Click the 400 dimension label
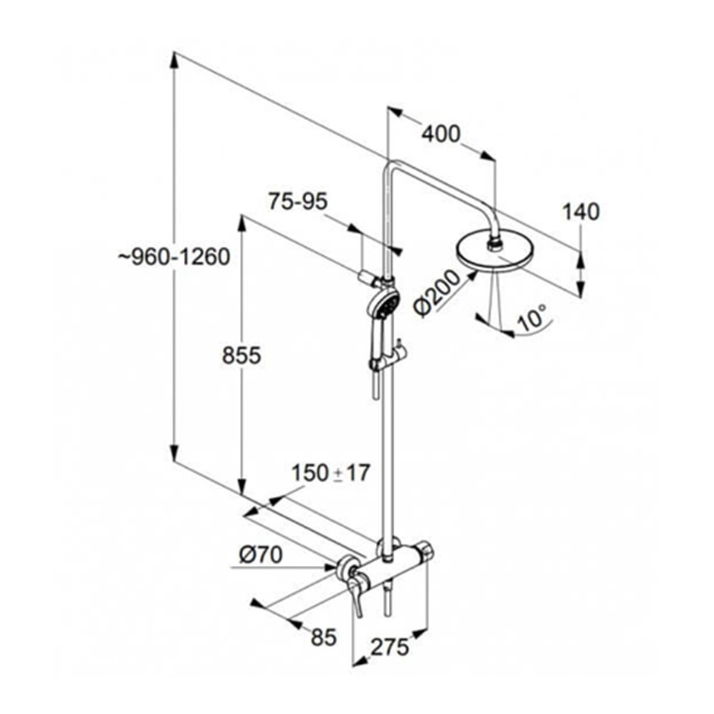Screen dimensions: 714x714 pyautogui.click(x=441, y=134)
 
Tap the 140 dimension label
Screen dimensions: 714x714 pyautogui.click(x=581, y=212)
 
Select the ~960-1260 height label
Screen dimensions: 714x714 pyautogui.click(x=174, y=257)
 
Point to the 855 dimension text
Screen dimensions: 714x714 pyautogui.click(x=242, y=355)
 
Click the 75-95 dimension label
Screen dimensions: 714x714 pyautogui.click(x=298, y=201)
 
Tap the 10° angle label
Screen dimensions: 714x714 pyautogui.click(x=532, y=318)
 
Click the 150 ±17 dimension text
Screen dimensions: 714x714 pyautogui.click(x=330, y=473)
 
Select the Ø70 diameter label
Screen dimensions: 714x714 pyautogui.click(x=261, y=554)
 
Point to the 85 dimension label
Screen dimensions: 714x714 pyautogui.click(x=324, y=637)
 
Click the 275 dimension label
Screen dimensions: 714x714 pyautogui.click(x=390, y=647)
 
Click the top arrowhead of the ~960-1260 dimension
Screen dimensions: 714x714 pyautogui.click(x=173, y=62)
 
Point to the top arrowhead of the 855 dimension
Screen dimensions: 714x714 pyautogui.click(x=242, y=224)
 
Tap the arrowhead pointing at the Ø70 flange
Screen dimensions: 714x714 pyautogui.click(x=329, y=567)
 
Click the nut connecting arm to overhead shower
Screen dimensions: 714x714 pyautogui.click(x=494, y=245)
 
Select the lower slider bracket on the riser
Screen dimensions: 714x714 pyautogui.click(x=387, y=361)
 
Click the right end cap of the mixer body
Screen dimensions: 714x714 pyautogui.click(x=426, y=549)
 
